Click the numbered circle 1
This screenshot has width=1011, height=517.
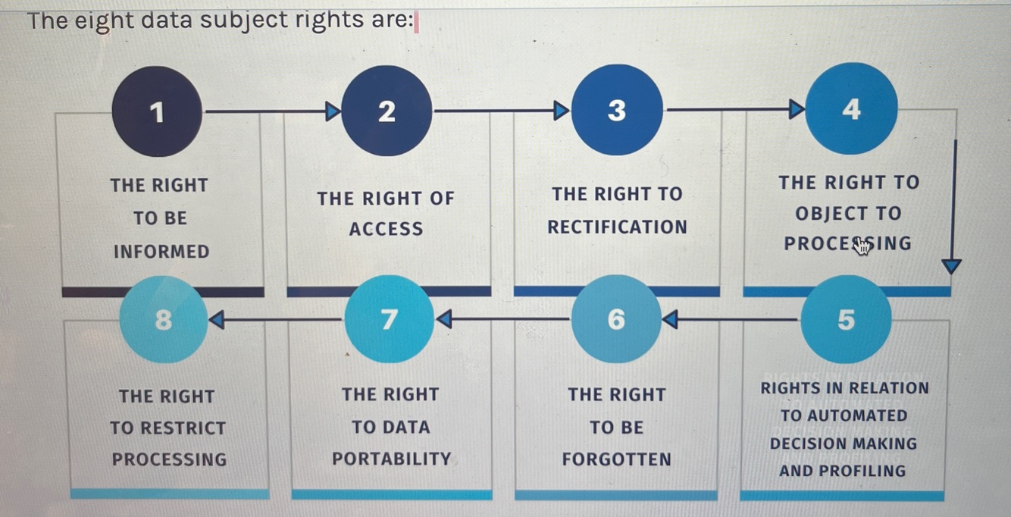click(x=157, y=112)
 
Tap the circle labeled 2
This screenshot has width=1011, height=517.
click(x=387, y=111)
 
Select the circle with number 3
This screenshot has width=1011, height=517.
click(x=617, y=111)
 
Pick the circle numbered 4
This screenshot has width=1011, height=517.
click(x=851, y=109)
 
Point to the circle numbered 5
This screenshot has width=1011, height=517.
click(x=846, y=320)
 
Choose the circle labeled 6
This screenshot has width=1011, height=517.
click(x=617, y=320)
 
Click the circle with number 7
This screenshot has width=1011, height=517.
click(x=388, y=319)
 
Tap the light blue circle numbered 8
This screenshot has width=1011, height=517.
click(x=163, y=320)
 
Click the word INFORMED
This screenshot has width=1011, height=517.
click(x=161, y=252)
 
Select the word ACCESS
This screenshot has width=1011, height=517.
click(x=386, y=230)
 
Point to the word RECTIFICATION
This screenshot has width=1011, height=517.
click(x=617, y=227)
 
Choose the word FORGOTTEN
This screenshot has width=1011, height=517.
click(x=616, y=459)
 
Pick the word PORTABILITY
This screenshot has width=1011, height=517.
click(x=391, y=459)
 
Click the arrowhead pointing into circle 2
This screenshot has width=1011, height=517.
click(x=333, y=112)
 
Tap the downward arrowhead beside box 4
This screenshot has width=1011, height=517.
click(x=951, y=267)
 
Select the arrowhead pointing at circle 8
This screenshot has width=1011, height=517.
click(x=217, y=320)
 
